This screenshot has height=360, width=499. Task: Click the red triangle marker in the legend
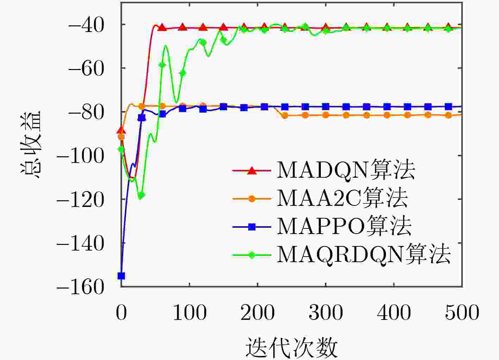click(251, 171)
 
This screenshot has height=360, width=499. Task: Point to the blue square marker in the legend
click(251, 227)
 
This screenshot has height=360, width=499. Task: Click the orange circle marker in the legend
click(251, 199)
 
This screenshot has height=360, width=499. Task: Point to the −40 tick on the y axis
click(86, 25)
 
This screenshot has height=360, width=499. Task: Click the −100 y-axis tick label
click(81, 156)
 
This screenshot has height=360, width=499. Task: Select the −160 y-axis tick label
click(81, 287)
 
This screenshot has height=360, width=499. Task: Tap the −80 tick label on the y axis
click(86, 112)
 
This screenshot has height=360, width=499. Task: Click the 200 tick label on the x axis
click(257, 312)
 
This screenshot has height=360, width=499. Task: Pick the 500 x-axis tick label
click(462, 312)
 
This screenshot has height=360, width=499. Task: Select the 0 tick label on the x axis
click(121, 312)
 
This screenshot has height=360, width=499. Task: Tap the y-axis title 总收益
click(31, 144)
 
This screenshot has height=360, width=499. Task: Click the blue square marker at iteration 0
click(121, 276)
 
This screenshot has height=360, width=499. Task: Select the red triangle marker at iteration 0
click(121, 130)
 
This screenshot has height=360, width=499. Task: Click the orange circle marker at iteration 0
click(121, 137)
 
